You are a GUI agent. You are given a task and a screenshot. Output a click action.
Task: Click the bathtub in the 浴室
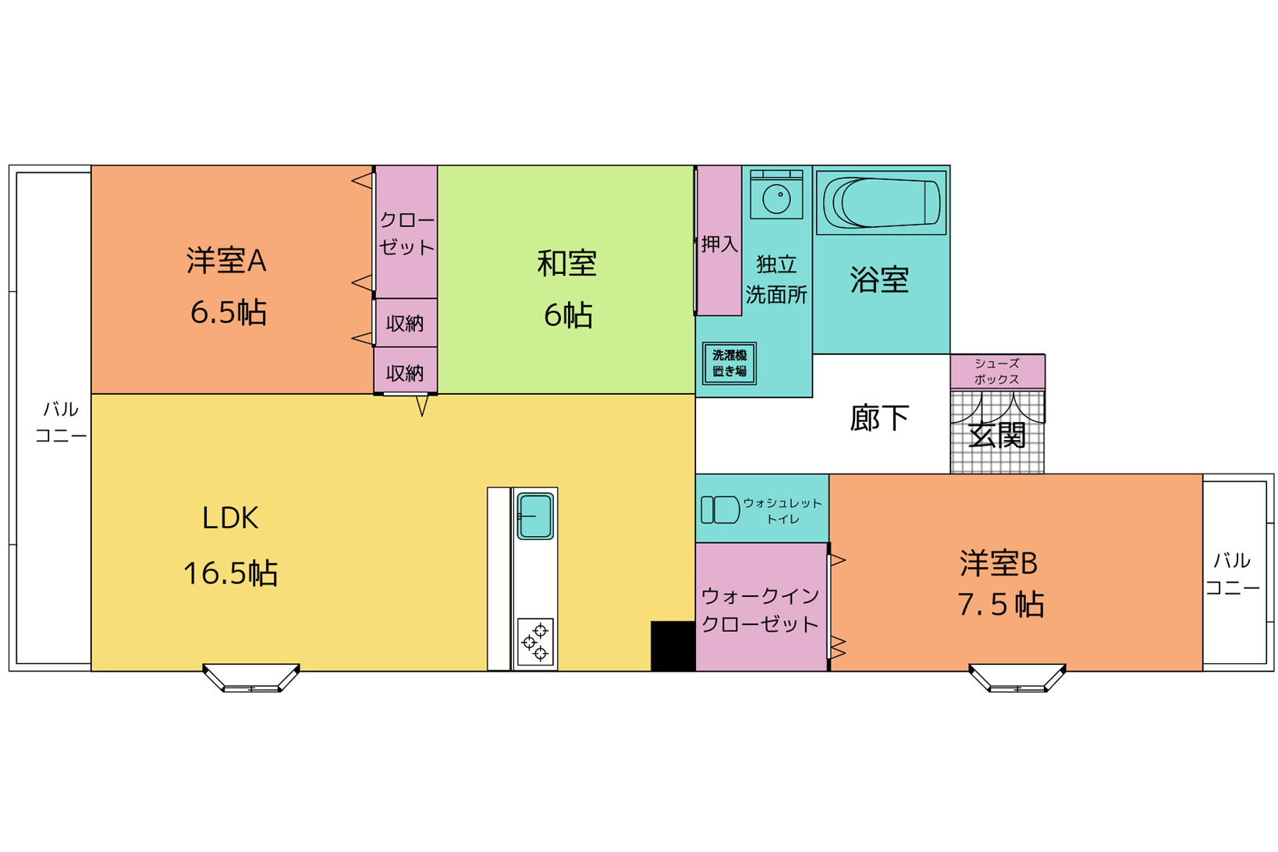881,203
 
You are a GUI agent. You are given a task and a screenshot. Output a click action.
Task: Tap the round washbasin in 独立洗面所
776,199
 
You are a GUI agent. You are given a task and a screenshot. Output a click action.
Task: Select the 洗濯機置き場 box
730,364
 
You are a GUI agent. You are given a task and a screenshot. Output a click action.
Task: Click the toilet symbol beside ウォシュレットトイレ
720,509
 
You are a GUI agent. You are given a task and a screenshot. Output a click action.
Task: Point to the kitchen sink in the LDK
535,517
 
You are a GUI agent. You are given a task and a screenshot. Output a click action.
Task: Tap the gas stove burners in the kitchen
535,642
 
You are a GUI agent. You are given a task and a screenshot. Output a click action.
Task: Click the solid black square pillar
673,646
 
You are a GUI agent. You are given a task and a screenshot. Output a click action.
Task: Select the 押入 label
719,244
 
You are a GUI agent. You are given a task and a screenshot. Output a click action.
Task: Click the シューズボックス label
996,371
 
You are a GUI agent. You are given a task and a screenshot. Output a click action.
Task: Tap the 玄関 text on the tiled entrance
997,435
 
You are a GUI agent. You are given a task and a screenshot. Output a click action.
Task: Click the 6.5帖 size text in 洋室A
228,312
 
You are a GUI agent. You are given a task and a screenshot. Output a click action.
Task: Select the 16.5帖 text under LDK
230,573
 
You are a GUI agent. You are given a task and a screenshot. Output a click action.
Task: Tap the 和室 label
566,264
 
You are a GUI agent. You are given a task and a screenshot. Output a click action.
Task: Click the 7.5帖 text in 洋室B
1001,605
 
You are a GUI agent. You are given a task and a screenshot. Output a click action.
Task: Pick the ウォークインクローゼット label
760,610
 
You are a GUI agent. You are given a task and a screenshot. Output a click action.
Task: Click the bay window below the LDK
251,678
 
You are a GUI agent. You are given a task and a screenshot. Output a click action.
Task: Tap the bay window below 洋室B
1017,678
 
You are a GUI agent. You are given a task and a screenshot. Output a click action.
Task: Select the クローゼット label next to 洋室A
406,233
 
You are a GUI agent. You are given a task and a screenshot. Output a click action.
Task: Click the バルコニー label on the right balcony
1233,574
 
